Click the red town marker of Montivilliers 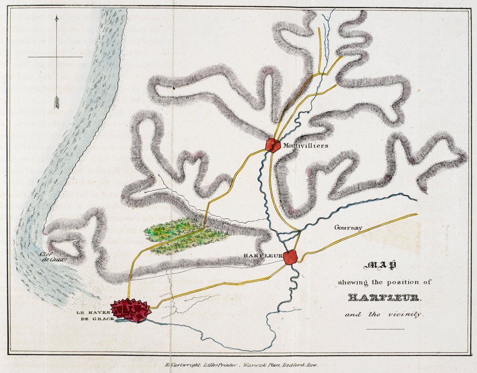pos(272,144)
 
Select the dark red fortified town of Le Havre pos(131,310)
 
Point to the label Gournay pos(348,228)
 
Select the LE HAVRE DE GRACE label pos(93,315)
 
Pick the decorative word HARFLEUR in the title pos(384,298)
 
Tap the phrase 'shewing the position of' pos(384,282)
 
